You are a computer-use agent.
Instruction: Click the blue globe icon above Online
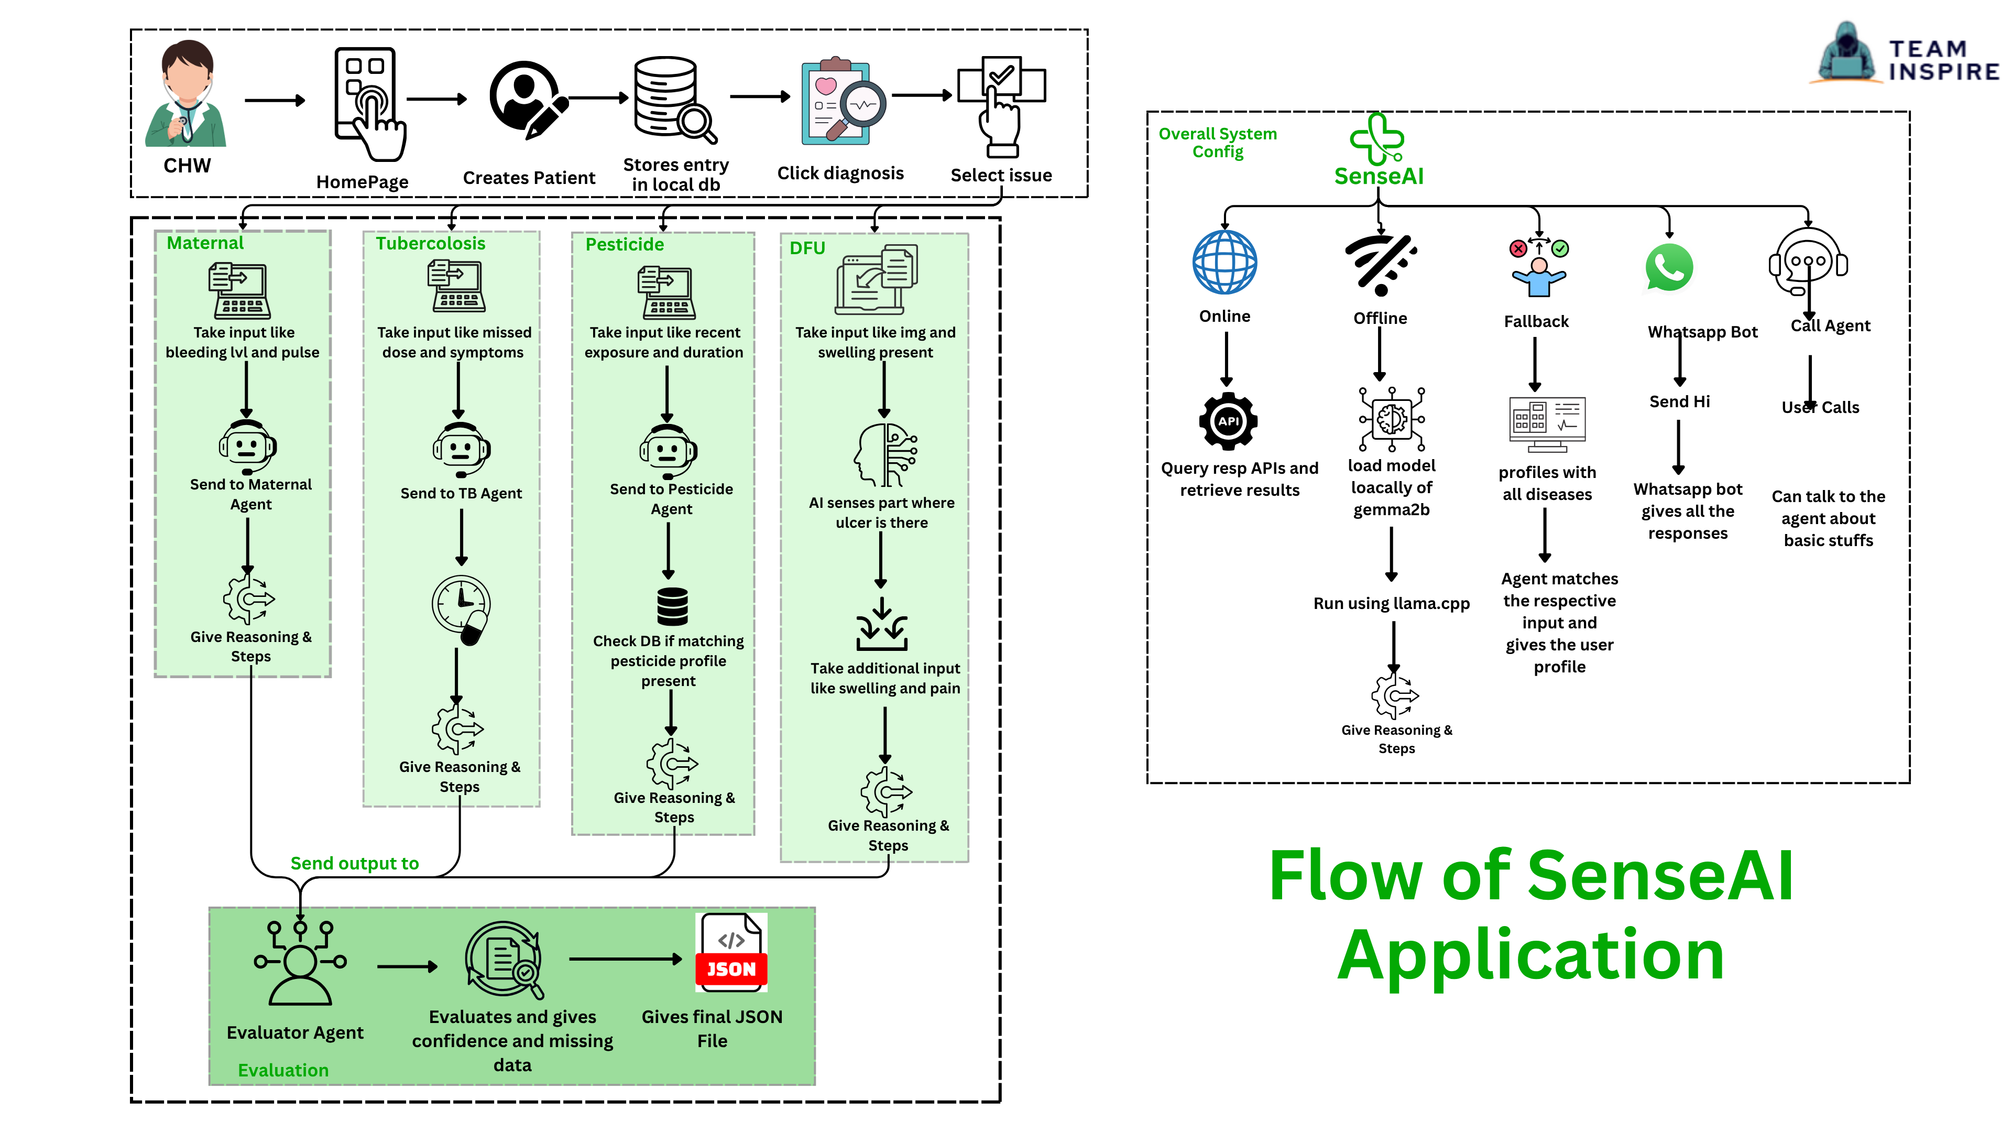pos(1224,262)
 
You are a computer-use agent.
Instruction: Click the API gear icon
pos(1228,421)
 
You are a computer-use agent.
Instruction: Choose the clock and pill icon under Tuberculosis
pos(462,609)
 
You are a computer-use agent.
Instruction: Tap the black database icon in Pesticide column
pos(672,606)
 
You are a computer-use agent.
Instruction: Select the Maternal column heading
pos(205,243)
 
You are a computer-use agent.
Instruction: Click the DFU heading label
pos(807,248)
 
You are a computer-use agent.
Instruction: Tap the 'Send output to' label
pos(355,863)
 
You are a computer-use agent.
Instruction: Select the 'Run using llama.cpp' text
pos(1391,603)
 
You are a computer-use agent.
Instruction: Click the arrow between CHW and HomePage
pos(274,100)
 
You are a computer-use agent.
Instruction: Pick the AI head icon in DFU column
pos(885,455)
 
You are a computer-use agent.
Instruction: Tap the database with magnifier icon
pos(674,99)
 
